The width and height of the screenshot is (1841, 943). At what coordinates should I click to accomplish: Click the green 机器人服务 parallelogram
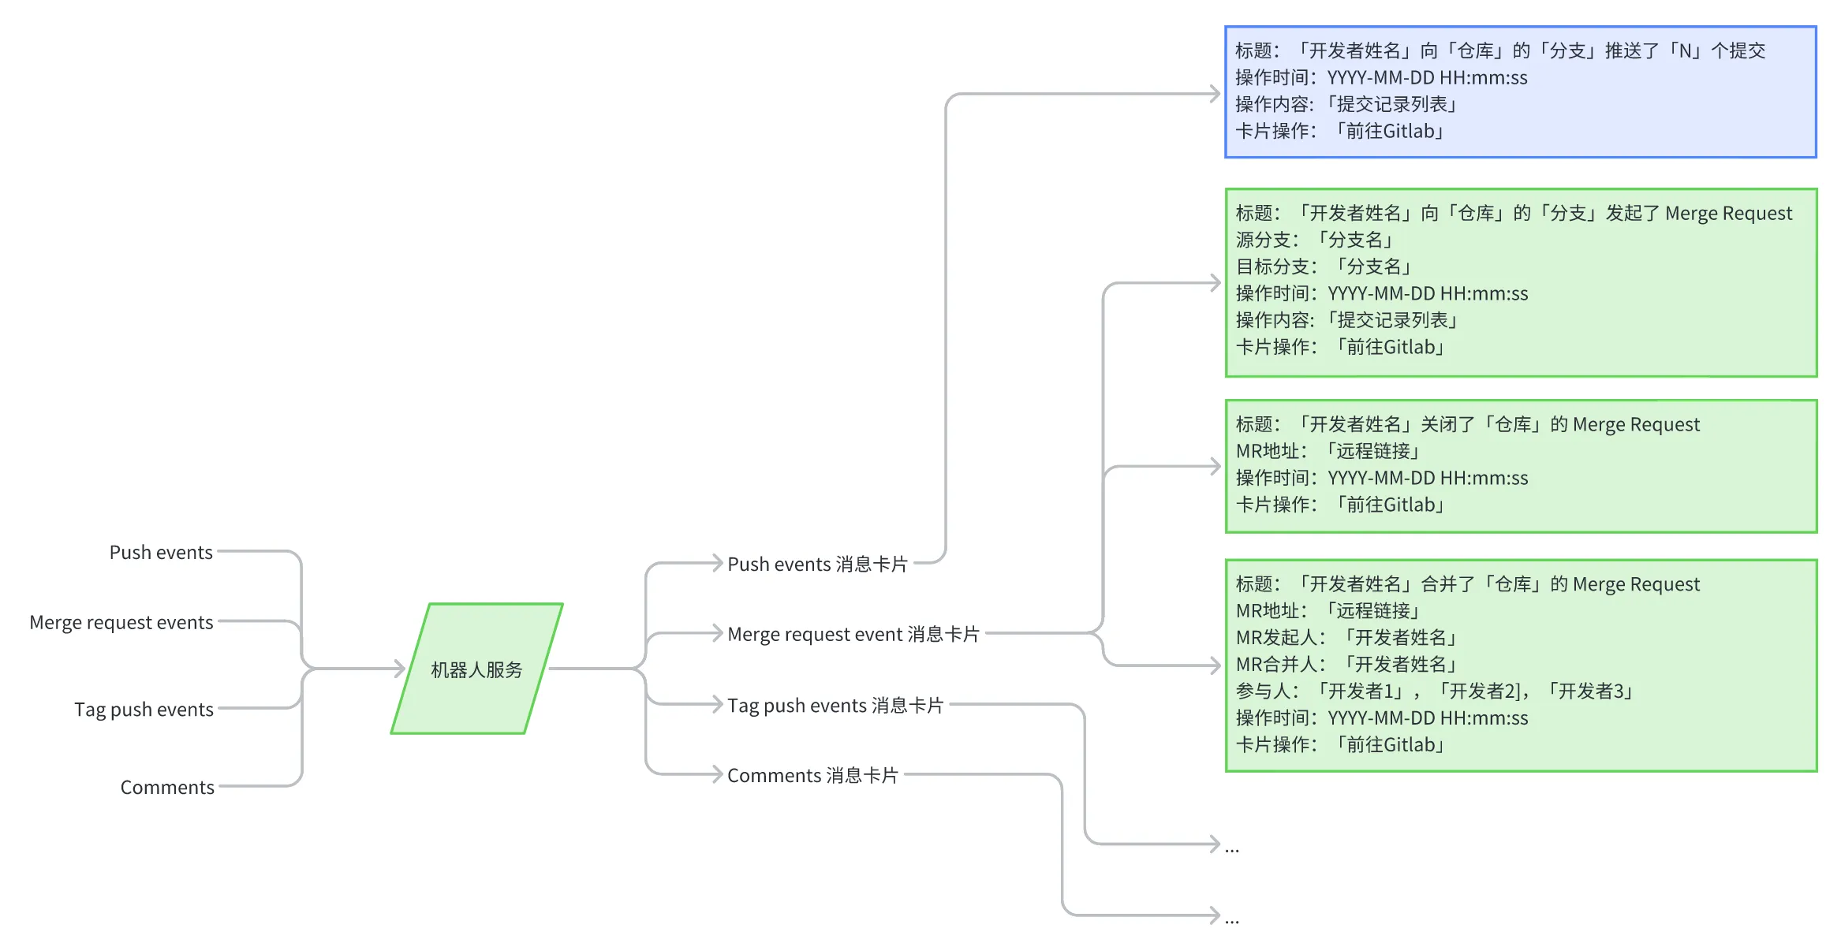[x=476, y=669]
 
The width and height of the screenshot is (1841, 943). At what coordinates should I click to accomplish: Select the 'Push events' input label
[x=161, y=553]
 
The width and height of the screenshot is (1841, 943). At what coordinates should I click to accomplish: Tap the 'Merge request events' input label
[x=121, y=623]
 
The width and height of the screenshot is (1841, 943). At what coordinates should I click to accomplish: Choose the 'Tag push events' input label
[x=144, y=710]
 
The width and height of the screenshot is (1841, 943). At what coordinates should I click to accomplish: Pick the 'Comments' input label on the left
[x=167, y=788]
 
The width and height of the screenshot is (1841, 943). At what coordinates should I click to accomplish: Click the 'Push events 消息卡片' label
[x=817, y=565]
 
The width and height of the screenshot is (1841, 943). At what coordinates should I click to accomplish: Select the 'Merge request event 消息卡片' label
[x=853, y=635]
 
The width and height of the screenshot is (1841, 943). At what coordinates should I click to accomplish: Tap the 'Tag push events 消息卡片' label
[x=835, y=706]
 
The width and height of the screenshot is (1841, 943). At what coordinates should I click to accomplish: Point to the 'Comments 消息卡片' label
[x=812, y=776]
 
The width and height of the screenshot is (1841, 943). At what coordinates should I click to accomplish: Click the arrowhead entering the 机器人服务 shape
[x=400, y=669]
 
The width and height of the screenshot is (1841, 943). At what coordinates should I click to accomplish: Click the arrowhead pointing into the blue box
[x=1215, y=94]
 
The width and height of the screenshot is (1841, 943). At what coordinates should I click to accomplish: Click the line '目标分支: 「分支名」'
[x=1324, y=266]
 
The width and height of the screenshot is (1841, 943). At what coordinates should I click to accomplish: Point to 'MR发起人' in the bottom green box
[x=1279, y=638]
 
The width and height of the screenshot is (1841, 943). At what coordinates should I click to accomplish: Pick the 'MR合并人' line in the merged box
[x=1346, y=665]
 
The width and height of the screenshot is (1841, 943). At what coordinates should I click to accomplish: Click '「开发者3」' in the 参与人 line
[x=1590, y=691]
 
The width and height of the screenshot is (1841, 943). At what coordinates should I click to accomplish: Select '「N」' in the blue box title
[x=1685, y=51]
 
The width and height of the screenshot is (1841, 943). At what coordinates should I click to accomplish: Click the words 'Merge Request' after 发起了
[x=1728, y=214]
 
